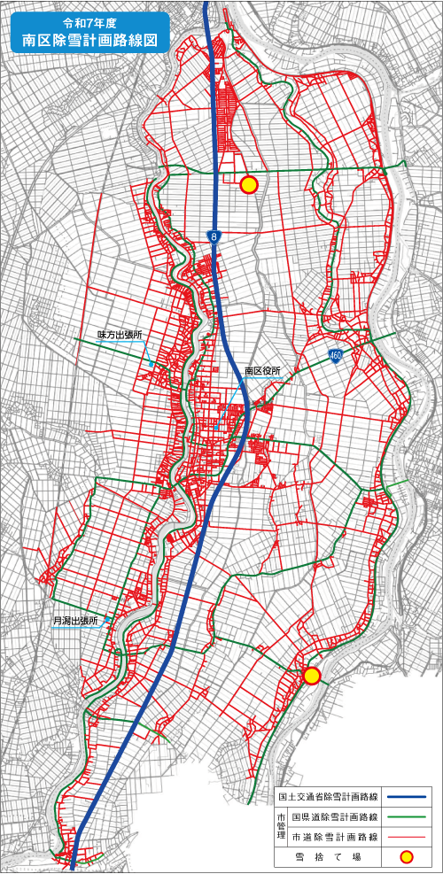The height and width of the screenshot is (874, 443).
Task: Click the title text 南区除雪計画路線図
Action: tap(85, 40)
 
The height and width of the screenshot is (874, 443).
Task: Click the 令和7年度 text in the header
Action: tap(84, 19)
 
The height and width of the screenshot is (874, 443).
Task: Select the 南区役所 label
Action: tap(262, 370)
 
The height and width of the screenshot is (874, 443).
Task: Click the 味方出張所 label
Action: tap(120, 336)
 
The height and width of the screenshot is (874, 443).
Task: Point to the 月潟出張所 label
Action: tap(75, 622)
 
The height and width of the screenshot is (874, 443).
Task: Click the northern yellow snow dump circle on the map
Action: tap(249, 184)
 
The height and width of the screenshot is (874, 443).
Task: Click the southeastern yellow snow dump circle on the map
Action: tap(311, 676)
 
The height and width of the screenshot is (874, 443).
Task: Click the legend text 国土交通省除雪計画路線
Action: tap(327, 796)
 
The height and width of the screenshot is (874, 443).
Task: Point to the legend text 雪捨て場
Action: tap(327, 856)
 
